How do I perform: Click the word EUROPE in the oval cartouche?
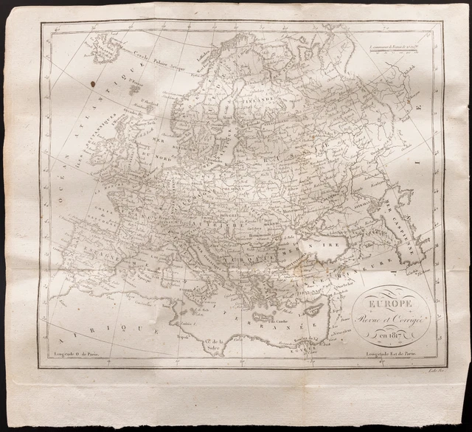[x=382, y=303]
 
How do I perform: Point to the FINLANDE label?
[x=254, y=95]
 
